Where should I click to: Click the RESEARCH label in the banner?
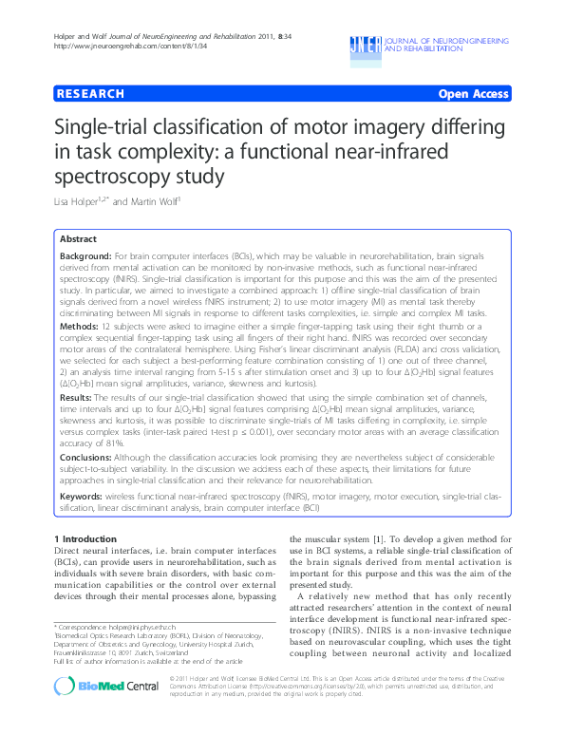pyautogui.click(x=91, y=94)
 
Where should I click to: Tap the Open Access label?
pyautogui.click(x=473, y=94)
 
